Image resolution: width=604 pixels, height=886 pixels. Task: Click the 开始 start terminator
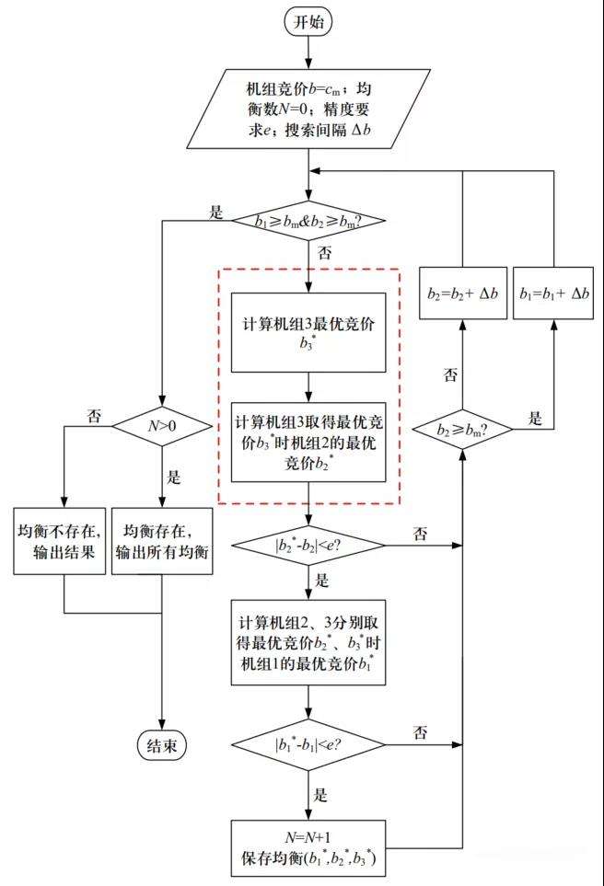coord(309,23)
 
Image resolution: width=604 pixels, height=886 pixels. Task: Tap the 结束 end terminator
coord(162,745)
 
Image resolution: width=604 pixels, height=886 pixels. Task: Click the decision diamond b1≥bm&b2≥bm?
coord(309,221)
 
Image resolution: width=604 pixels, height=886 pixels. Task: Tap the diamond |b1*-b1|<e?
coord(309,742)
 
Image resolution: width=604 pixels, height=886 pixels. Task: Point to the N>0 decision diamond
coord(162,426)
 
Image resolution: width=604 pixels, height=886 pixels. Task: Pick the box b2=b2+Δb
coord(463,293)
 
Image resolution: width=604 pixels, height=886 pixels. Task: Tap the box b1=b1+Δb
coord(553,293)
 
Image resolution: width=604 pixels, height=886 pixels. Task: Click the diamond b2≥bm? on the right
coord(463,427)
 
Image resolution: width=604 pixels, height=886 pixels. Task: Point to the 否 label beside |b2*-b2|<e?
coord(421,533)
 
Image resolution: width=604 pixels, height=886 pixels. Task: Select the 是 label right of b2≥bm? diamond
coord(535,418)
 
